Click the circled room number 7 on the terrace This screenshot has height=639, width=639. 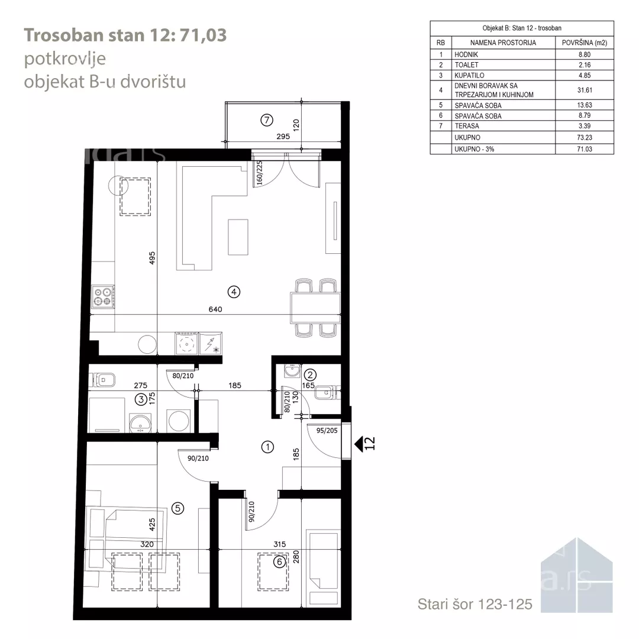pyautogui.click(x=266, y=120)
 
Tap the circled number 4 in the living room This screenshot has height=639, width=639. pyautogui.click(x=234, y=292)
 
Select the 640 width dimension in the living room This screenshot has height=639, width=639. pyautogui.click(x=215, y=309)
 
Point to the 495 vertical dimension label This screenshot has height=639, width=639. pyautogui.click(x=152, y=258)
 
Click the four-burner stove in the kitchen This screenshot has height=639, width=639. pyautogui.click(x=103, y=296)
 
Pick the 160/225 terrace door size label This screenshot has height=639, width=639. pyautogui.click(x=260, y=173)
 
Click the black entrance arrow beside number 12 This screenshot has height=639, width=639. pyautogui.click(x=359, y=444)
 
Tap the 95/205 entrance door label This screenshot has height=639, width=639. pyautogui.click(x=327, y=430)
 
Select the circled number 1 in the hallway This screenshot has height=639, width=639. pyautogui.click(x=267, y=447)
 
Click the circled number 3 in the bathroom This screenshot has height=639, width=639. pyautogui.click(x=141, y=399)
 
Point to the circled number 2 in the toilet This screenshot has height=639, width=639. pyautogui.click(x=309, y=375)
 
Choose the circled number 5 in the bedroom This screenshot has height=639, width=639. pyautogui.click(x=177, y=508)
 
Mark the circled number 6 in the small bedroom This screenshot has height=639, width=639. pyautogui.click(x=279, y=562)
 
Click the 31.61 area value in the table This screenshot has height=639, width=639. pyautogui.click(x=585, y=90)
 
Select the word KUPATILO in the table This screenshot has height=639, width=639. pyautogui.click(x=469, y=75)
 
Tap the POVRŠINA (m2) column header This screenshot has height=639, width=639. pyautogui.click(x=585, y=43)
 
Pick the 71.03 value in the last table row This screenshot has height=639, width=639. pyautogui.click(x=585, y=149)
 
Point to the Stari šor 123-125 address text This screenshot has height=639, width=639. pyautogui.click(x=475, y=604)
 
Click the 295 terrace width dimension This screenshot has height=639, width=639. pyautogui.click(x=283, y=137)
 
